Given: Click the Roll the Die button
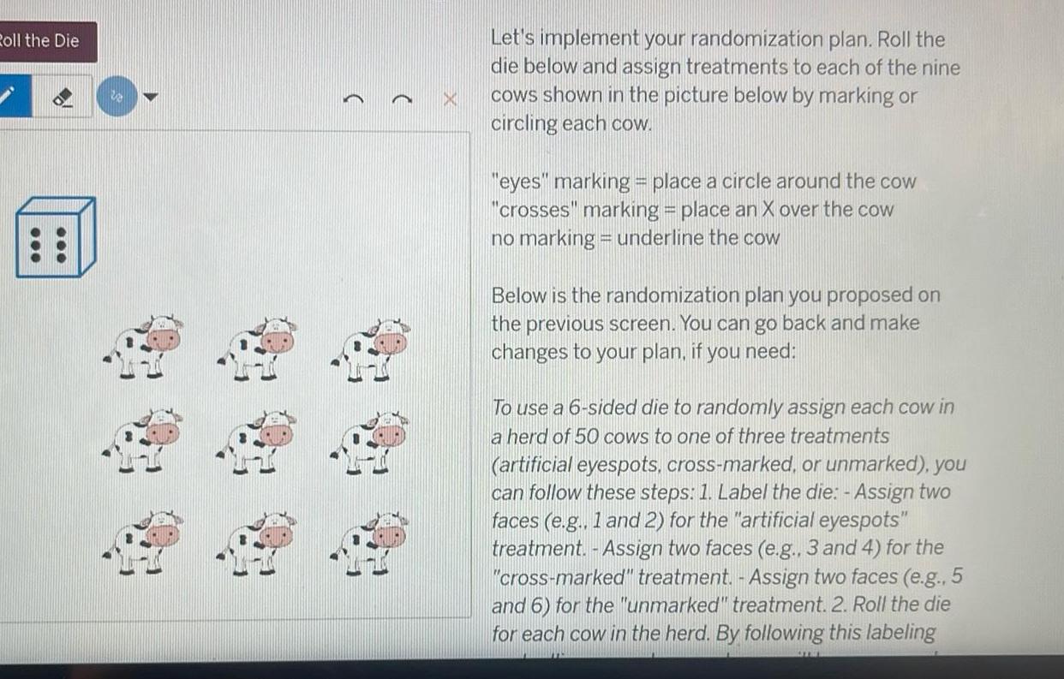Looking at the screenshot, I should tap(43, 40).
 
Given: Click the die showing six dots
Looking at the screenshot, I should tap(55, 237).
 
